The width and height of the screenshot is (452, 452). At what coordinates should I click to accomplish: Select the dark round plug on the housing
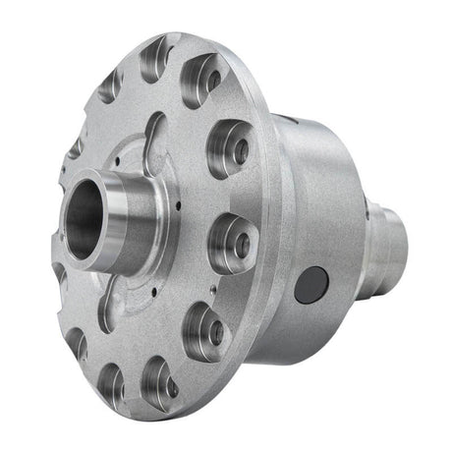310,285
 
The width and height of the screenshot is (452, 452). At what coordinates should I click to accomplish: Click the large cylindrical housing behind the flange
314,216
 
